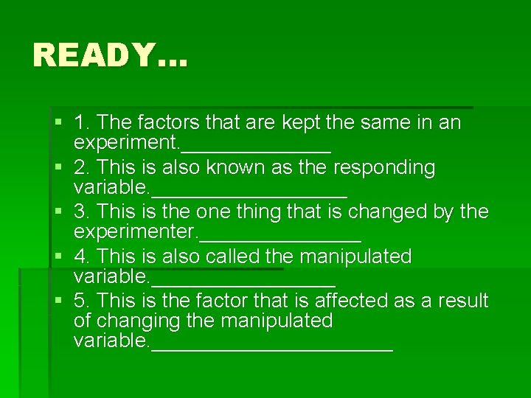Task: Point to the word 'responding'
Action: click(x=384, y=167)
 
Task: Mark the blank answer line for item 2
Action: click(x=249, y=194)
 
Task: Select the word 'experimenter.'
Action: click(x=136, y=231)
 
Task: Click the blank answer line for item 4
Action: click(x=243, y=283)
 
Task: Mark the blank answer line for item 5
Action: click(x=271, y=348)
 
